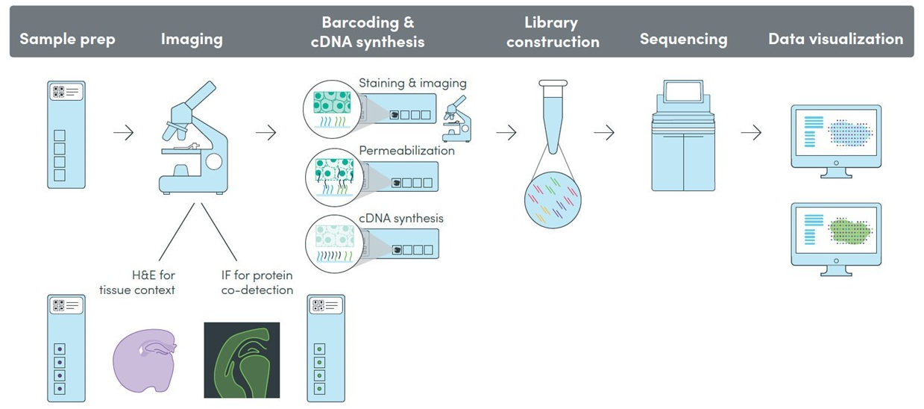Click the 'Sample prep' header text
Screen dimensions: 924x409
point(67,40)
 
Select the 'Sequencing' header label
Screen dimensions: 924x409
point(683,40)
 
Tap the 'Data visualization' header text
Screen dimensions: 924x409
point(836,39)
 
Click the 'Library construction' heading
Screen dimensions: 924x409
point(553,32)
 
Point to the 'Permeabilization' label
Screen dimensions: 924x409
point(406,151)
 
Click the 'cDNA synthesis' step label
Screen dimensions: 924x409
point(401,218)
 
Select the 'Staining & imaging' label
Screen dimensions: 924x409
point(412,83)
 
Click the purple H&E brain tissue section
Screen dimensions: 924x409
point(145,360)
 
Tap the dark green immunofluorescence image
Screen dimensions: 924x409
point(242,360)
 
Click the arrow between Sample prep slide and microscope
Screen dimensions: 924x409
point(123,133)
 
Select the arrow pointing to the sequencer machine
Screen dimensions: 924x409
point(604,133)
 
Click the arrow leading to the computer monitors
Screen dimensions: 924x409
point(751,133)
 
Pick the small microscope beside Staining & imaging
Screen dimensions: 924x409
point(456,119)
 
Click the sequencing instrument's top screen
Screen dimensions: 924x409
point(683,91)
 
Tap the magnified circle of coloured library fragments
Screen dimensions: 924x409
point(553,200)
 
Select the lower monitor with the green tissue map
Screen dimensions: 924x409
point(836,240)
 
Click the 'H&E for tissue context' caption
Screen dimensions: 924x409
point(137,282)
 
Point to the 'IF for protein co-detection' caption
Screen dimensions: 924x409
point(257,282)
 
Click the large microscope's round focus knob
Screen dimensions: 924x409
point(214,161)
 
